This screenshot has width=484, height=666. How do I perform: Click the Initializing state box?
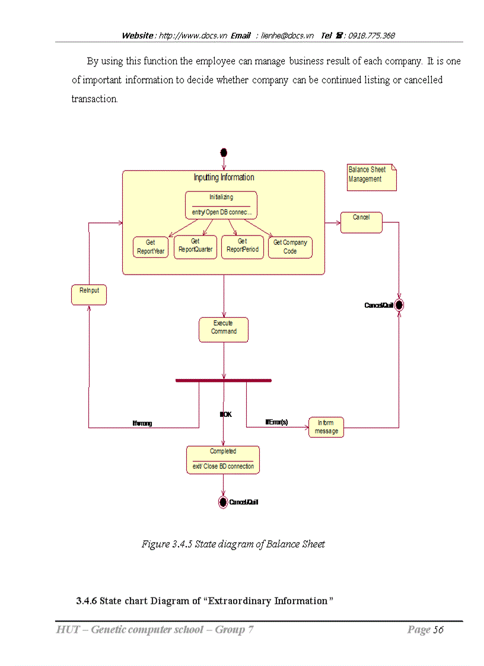tap(221, 205)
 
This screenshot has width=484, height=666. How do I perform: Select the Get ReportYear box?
tap(151, 247)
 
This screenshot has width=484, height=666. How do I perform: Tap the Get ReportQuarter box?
tap(195, 246)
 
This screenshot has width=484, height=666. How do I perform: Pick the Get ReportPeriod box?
tap(242, 246)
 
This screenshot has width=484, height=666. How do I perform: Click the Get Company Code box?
tap(290, 247)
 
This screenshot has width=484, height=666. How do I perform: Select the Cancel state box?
tap(361, 222)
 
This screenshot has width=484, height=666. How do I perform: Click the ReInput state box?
tap(89, 294)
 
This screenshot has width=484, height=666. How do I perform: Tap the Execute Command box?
tap(223, 329)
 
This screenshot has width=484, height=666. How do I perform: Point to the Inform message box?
tap(326, 427)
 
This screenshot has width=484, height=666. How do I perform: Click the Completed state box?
tap(222, 460)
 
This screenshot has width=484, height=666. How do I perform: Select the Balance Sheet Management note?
tap(371, 177)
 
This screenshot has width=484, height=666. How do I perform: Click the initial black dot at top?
tap(224, 152)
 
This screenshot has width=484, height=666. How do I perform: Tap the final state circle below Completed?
tap(223, 502)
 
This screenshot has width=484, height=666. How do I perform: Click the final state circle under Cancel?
tap(399, 305)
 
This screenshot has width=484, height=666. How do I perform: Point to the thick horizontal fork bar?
tap(223, 380)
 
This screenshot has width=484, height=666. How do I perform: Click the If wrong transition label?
tap(142, 423)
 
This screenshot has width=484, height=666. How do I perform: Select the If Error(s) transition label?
tap(276, 422)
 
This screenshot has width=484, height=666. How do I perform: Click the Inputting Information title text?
tap(224, 177)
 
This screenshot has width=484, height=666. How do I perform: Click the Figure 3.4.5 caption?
tap(233, 544)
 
